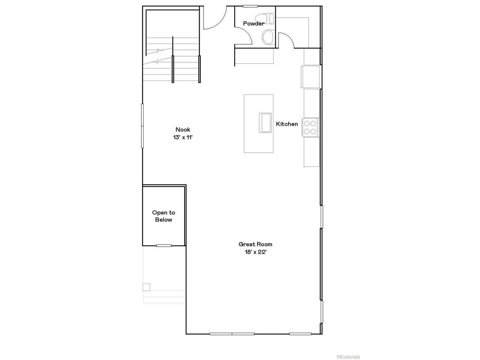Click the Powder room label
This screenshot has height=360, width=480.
[x=253, y=23]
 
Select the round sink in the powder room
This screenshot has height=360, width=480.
[x=268, y=37]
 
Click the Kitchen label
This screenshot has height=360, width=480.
[x=287, y=124]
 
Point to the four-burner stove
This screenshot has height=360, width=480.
[x=310, y=127]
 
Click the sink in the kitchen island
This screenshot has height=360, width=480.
[x=265, y=123]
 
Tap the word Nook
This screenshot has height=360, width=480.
[x=183, y=129]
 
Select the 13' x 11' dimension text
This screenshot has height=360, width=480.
[x=183, y=137]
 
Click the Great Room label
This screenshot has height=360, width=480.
[x=255, y=244]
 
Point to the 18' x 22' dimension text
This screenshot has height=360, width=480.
[x=255, y=252]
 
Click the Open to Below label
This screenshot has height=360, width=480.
[x=163, y=216]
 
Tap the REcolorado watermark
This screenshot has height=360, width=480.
[x=348, y=357]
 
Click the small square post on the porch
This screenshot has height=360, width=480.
[x=146, y=287]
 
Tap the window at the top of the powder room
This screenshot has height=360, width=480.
[x=250, y=6]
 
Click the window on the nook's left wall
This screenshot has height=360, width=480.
[x=142, y=126]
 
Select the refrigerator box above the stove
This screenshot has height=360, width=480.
[x=310, y=77]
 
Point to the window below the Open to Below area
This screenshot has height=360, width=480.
[x=164, y=246]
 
